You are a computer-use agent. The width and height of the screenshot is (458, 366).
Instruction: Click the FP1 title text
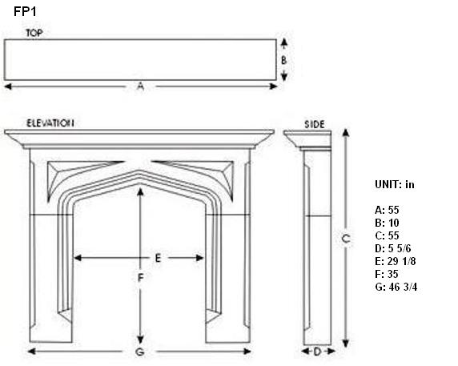(x=25, y=12)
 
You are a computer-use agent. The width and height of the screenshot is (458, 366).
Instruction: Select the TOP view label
(x=34, y=33)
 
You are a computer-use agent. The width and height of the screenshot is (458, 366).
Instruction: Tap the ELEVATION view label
(x=50, y=123)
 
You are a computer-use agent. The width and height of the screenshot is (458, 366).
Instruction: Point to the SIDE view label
(x=315, y=125)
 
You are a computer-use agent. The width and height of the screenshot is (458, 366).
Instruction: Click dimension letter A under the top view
(x=140, y=86)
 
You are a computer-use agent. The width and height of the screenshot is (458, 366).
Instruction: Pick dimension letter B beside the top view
(x=283, y=60)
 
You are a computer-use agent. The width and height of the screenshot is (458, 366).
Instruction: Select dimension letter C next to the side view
(x=346, y=239)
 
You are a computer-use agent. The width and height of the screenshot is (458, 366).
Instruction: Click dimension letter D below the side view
(x=317, y=352)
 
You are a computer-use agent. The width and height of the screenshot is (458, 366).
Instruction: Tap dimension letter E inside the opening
(x=158, y=258)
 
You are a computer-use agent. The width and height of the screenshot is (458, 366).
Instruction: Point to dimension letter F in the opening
(x=140, y=278)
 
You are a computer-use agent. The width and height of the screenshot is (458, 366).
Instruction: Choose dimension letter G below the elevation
(x=140, y=352)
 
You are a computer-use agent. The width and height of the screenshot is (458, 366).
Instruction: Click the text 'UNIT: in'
(x=395, y=185)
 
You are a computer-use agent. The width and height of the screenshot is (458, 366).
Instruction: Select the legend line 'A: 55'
(x=387, y=210)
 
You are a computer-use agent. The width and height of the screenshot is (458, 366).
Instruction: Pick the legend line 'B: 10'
(x=387, y=223)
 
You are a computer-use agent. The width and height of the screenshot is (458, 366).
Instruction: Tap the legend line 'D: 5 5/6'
(x=393, y=248)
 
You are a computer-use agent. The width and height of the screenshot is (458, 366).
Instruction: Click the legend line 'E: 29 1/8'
(x=396, y=261)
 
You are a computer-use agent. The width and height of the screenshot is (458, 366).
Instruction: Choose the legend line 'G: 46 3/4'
(x=396, y=287)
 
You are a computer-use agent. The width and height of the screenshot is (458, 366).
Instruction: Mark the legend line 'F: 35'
(x=387, y=274)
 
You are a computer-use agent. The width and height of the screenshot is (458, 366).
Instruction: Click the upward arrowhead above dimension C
(x=346, y=133)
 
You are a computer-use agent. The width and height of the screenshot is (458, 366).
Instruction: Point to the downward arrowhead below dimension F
(x=140, y=340)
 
